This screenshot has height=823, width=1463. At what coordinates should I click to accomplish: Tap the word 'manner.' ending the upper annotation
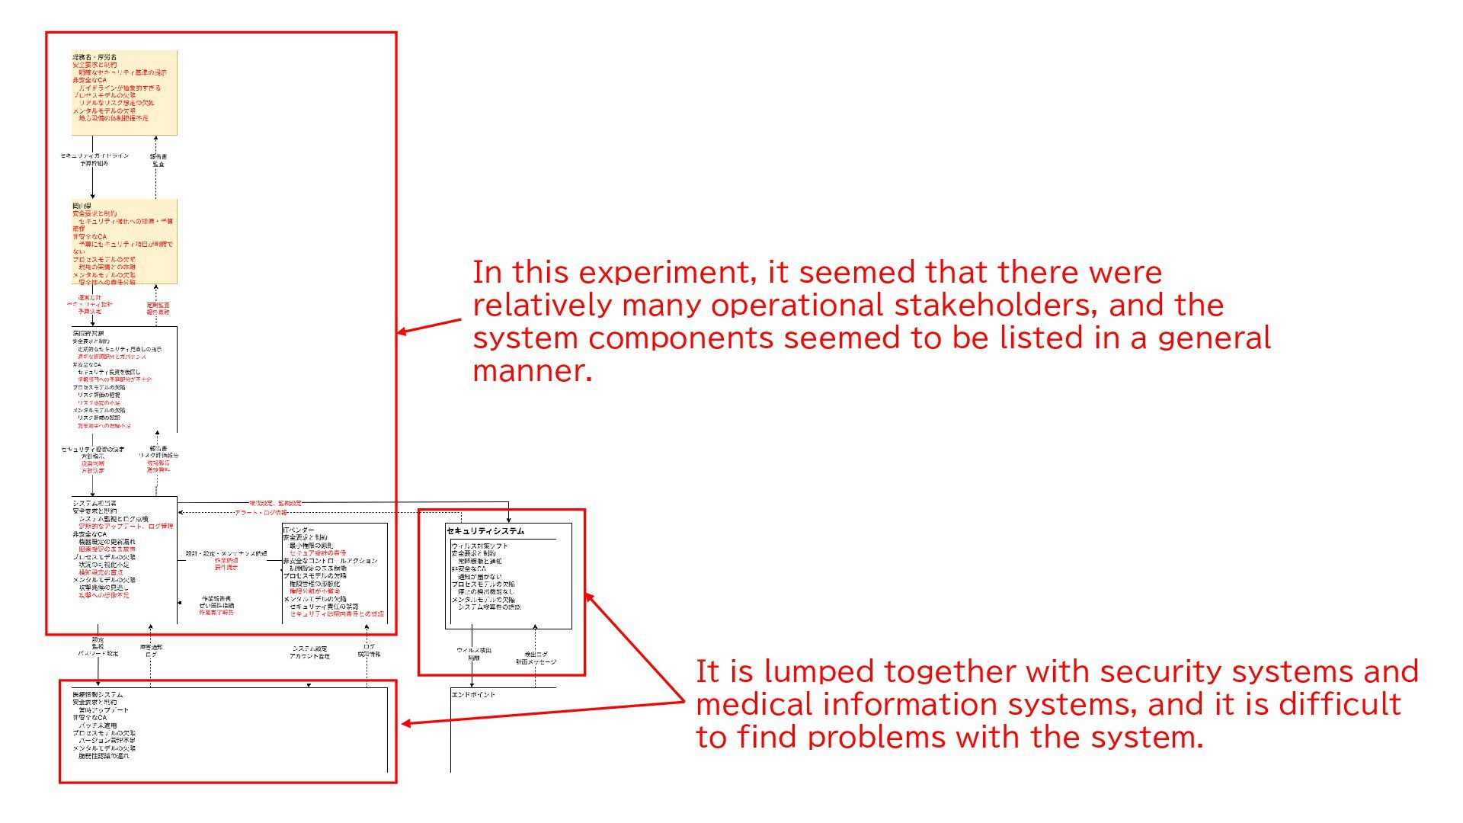pos(532,371)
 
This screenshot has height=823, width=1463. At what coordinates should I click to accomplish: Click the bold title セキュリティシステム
pos(485,530)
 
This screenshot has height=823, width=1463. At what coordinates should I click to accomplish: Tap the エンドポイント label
pos(473,695)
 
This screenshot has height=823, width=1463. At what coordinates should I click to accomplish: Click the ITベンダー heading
pos(299,530)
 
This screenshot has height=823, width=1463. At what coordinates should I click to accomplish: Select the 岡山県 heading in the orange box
pos(82,207)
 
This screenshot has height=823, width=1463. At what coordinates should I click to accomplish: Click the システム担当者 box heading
pos(94,504)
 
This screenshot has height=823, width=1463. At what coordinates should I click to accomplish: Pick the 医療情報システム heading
pos(98,695)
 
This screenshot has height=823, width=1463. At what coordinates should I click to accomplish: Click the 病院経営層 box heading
pos(88,334)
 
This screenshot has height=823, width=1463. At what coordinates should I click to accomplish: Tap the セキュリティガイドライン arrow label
pos(94,156)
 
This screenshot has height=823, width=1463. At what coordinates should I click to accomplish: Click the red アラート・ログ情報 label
pos(261,513)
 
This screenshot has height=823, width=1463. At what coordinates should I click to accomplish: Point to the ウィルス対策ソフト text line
pos(479,546)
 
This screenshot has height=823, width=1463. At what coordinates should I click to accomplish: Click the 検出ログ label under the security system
pos(536,654)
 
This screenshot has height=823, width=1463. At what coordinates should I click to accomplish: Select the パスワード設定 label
pos(98,654)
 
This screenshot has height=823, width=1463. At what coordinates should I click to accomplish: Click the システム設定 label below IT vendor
pos(309,648)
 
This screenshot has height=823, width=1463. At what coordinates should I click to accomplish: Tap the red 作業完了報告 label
pos(216,613)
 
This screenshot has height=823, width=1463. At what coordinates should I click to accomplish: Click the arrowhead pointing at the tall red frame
pos(401,332)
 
